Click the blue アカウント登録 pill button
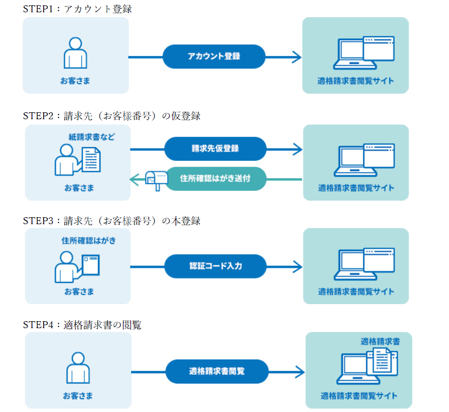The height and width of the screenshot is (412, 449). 214,56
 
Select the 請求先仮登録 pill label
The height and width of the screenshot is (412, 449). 215,149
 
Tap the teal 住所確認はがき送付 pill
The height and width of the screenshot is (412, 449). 215,179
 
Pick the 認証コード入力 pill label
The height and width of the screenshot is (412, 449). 215,266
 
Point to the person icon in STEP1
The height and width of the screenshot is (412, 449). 75,52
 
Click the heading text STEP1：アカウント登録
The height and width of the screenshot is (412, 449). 77,9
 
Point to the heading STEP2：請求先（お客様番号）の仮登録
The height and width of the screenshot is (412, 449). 112,116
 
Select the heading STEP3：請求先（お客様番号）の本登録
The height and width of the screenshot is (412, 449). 112,221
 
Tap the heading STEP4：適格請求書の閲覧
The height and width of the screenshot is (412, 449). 82,325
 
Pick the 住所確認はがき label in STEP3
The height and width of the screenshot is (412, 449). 89,241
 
